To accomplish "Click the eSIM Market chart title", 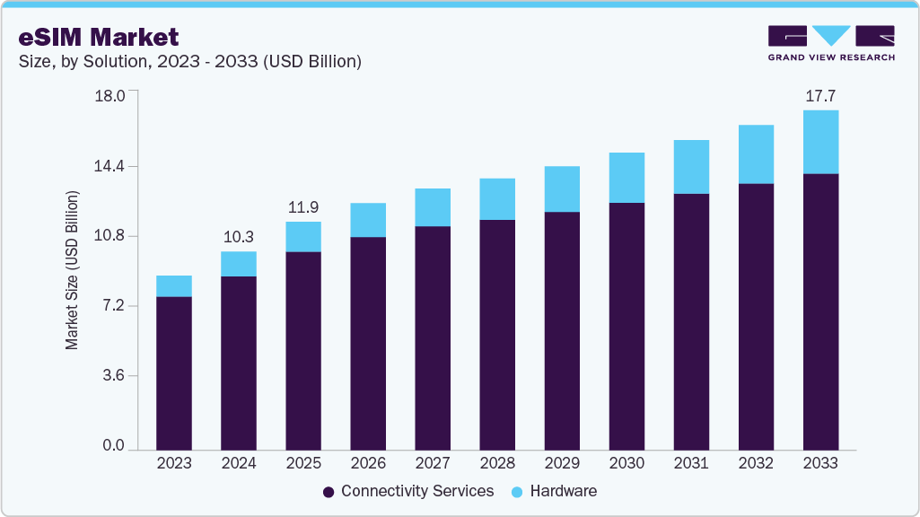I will pyautogui.click(x=99, y=37).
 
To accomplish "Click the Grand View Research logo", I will pyautogui.click(x=831, y=43).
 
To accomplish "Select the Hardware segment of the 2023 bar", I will pyautogui.click(x=174, y=286).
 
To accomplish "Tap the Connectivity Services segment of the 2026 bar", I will pyautogui.click(x=368, y=343).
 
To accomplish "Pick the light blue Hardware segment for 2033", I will pyautogui.click(x=820, y=142).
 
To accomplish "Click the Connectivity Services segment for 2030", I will pyautogui.click(x=626, y=326).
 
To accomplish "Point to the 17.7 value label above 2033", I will pyautogui.click(x=820, y=96).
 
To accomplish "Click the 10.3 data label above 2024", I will pyautogui.click(x=239, y=237).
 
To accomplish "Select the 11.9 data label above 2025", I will pyautogui.click(x=303, y=207).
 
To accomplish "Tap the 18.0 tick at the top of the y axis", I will pyautogui.click(x=111, y=96).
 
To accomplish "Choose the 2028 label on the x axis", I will pyautogui.click(x=497, y=463).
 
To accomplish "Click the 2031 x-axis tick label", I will pyautogui.click(x=691, y=463).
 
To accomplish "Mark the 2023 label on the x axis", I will pyautogui.click(x=174, y=463).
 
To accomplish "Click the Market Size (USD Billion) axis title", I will pyautogui.click(x=72, y=270).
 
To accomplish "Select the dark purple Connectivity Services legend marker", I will pyautogui.click(x=329, y=492).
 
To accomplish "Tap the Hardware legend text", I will pyautogui.click(x=563, y=491).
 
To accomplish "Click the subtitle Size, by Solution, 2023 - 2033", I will pyautogui.click(x=189, y=61).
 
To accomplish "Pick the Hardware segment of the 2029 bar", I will pyautogui.click(x=562, y=189).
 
